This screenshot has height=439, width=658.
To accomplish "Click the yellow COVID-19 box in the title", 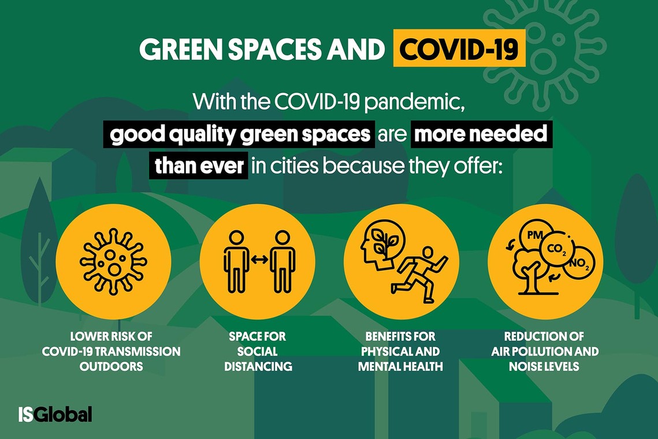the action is coord(459,49).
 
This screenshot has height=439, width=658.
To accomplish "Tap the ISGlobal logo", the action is coord(55,414).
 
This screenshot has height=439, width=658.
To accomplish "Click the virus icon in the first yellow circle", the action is coord(113,261).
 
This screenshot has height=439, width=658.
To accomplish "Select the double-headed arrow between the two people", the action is coord(259,260).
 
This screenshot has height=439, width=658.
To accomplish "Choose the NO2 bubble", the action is coord(579,263).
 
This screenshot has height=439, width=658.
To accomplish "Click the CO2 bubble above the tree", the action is coord(557,249).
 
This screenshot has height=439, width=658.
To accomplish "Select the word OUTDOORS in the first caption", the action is coord(111,366).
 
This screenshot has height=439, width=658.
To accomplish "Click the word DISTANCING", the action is coord(258,366).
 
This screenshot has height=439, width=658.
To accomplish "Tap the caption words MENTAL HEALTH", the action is coord(400,366).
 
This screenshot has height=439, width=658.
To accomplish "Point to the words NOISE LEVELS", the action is coord(544,366).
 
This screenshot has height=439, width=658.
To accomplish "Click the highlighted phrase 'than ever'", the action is coord(199,166).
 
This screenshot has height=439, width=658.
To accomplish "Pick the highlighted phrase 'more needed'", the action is coord(481,134).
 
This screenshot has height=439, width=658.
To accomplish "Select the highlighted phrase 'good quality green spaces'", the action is coord(240,134).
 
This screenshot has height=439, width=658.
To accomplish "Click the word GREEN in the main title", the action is coord(181,49).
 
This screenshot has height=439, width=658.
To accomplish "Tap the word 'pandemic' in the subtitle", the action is coord(414,101).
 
